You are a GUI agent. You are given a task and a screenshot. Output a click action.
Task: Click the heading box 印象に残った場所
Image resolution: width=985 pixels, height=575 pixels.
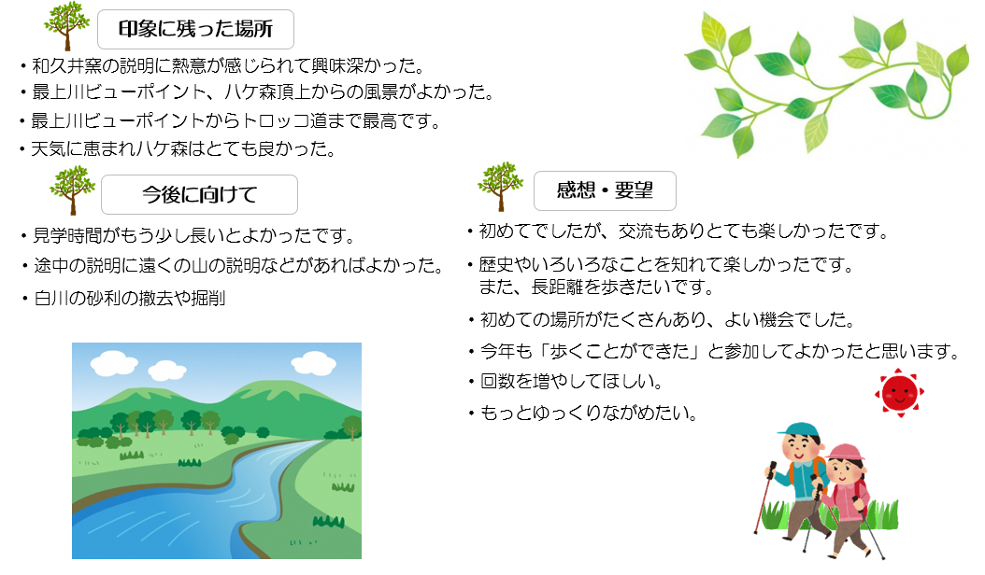pos(195,30)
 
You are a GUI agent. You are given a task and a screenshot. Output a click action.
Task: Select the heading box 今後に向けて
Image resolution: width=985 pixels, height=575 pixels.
pos(199,194)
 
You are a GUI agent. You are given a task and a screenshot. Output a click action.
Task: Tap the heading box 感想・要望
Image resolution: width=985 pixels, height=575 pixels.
pos(605,190)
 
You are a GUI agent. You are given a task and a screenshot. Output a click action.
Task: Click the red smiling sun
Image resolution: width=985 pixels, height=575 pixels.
pos(899,393)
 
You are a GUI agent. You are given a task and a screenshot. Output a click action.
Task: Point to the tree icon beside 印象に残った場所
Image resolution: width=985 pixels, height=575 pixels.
pos(66,26)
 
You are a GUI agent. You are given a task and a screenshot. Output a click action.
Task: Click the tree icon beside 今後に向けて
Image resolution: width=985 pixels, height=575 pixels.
pos(72,190)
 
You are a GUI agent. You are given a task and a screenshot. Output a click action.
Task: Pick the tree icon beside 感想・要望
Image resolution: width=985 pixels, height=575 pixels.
pos(500,187)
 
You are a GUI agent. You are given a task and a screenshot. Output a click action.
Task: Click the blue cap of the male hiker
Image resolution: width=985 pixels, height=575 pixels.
pos(799,429)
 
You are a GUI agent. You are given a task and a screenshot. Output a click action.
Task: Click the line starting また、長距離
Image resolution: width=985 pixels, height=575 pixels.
pos(597,287)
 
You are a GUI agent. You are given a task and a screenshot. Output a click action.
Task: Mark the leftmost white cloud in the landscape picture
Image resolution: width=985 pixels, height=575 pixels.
pos(114,362)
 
